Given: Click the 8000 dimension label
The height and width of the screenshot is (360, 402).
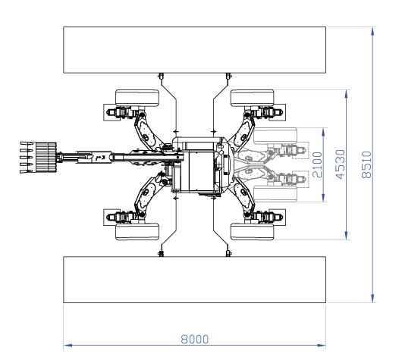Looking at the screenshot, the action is coord(195,340).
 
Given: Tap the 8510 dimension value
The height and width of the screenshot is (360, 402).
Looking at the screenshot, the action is coord(366,164).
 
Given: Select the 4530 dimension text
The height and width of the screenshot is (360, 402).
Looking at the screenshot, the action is coord(341,164).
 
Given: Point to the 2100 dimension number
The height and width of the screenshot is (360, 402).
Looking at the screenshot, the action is coord(317,164).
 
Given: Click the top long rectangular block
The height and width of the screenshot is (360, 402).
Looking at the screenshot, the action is coord(195,50).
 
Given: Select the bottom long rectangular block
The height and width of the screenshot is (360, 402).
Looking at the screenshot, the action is coord(195,280).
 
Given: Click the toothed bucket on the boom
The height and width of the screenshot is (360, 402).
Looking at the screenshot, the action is coord(38,158).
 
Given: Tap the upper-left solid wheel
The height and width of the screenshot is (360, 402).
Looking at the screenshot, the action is coord(137,98).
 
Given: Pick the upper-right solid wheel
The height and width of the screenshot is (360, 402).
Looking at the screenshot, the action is coord(253,98).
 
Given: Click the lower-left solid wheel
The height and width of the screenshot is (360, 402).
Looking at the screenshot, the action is coord(137,232).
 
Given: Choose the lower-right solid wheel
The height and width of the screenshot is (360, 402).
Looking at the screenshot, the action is coord(253,232).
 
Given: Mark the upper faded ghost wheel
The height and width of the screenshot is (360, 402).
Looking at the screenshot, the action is coord(275,136).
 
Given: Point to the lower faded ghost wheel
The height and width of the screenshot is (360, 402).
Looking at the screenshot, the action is coord(275,194).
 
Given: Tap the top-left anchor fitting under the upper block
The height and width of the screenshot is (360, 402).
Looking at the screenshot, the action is coord(161,76).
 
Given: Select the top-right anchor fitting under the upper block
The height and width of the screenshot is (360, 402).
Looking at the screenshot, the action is coord(228,76).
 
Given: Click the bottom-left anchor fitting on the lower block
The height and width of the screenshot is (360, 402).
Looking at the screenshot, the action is coord(161,253).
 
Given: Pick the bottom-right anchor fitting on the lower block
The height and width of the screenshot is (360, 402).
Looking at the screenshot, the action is coord(228,253).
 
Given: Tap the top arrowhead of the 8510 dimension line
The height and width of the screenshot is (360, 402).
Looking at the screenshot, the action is coord(372,31).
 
